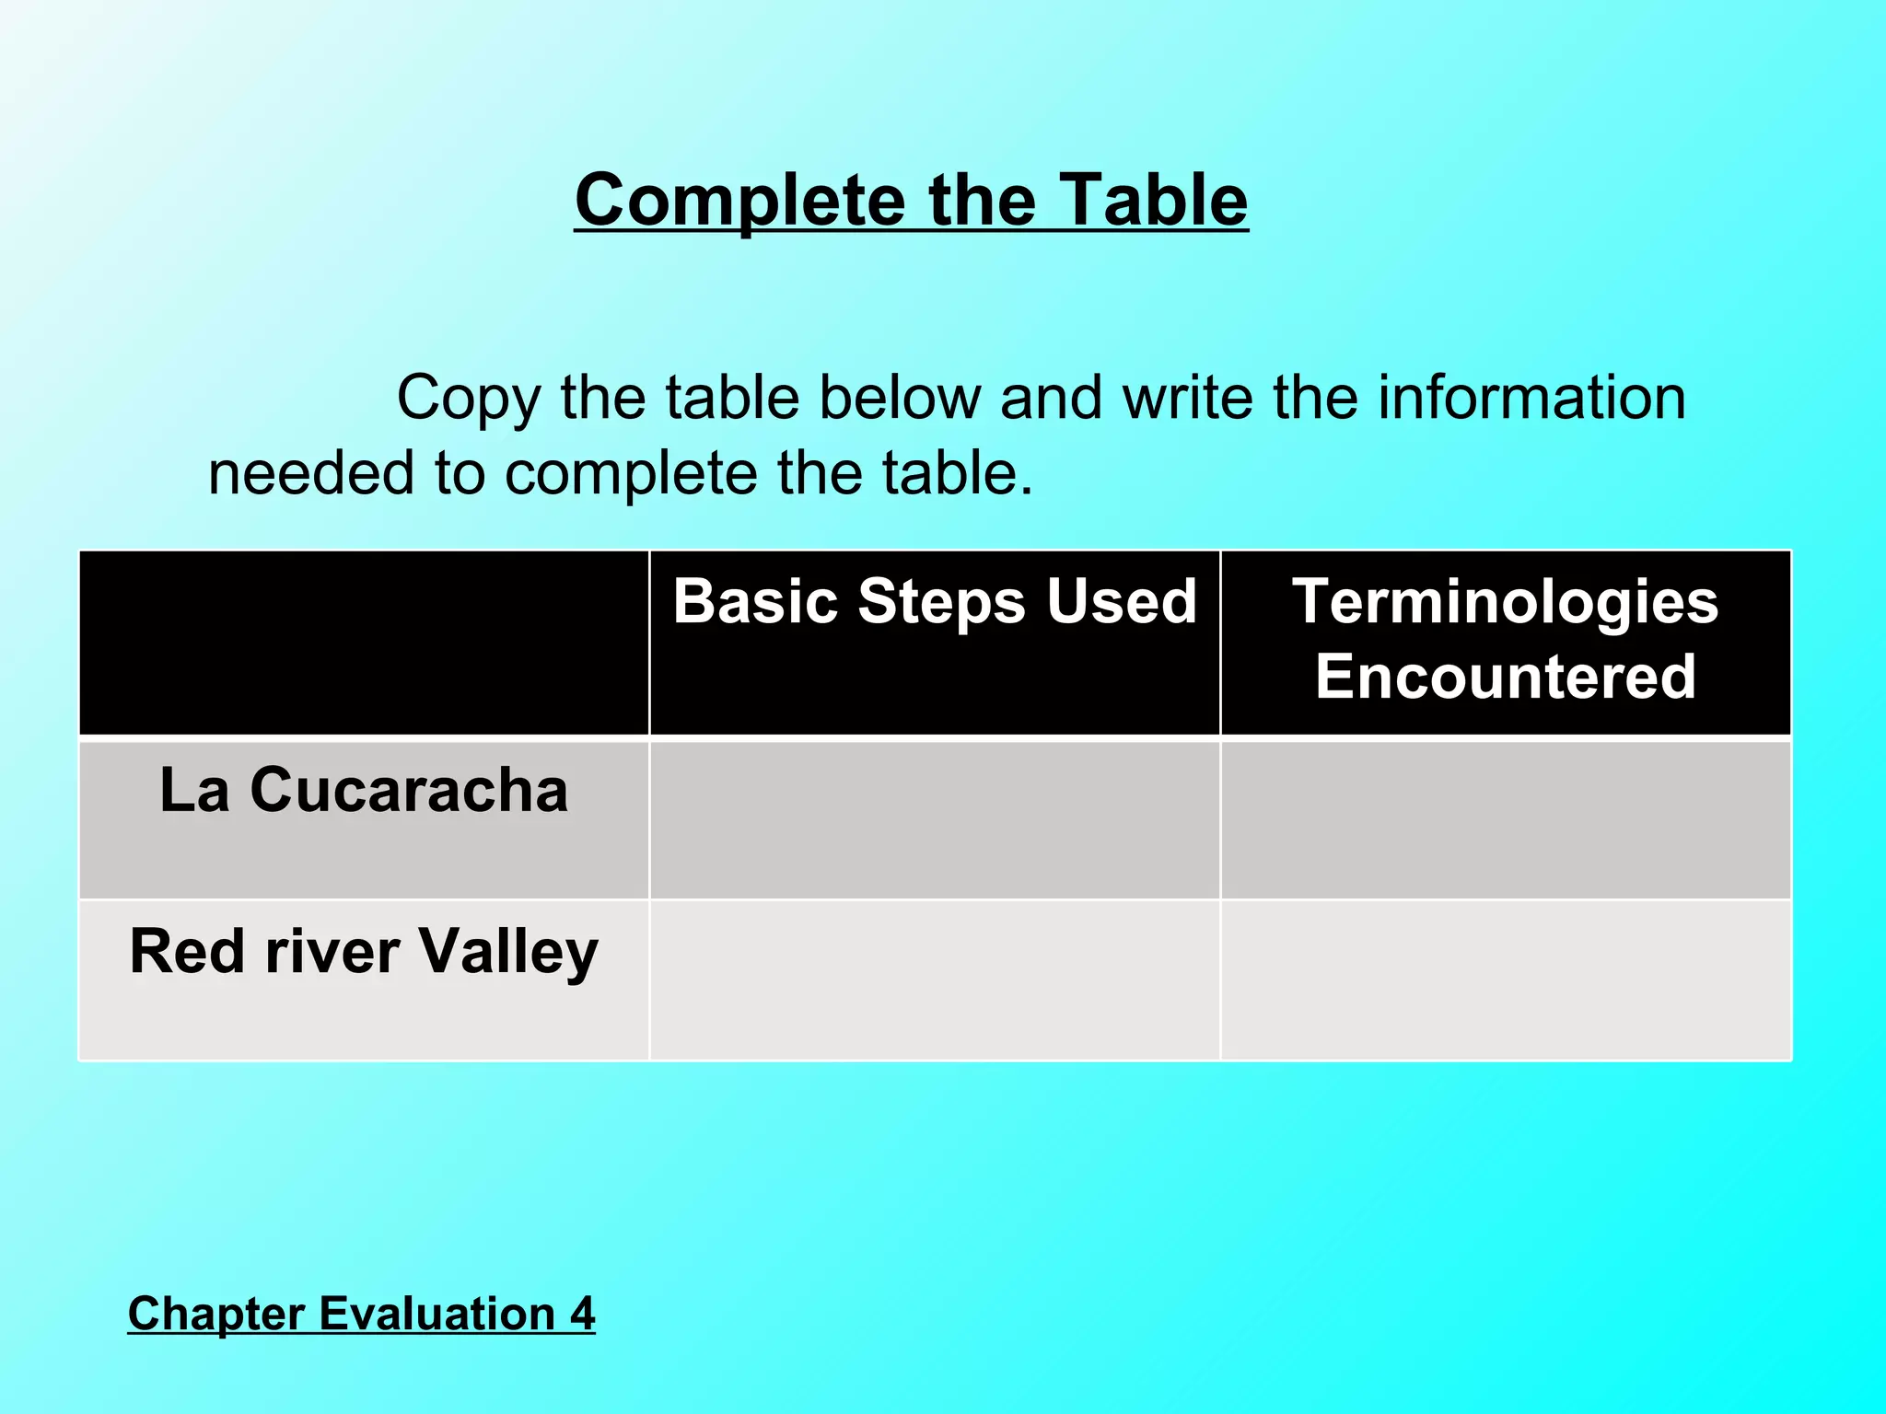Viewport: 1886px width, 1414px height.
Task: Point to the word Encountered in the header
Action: click(x=1505, y=677)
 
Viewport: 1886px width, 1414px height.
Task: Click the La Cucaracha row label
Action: click(x=364, y=790)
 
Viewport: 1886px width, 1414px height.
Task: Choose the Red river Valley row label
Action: click(x=364, y=951)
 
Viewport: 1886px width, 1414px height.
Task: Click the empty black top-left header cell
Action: click(x=364, y=643)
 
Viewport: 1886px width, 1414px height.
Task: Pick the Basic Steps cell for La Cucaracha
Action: click(x=934, y=819)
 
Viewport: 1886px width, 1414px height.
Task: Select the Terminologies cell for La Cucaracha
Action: click(x=1505, y=819)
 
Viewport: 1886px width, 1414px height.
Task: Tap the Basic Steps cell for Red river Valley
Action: click(x=934, y=980)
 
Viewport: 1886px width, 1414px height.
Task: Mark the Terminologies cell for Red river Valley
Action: click(x=1505, y=980)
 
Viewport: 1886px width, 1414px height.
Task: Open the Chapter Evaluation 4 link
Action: click(x=361, y=1313)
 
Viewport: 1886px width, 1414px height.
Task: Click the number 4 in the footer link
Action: click(x=582, y=1313)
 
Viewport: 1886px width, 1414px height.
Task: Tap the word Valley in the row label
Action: click(x=508, y=951)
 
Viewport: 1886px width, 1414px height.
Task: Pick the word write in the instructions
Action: click(x=1188, y=398)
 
